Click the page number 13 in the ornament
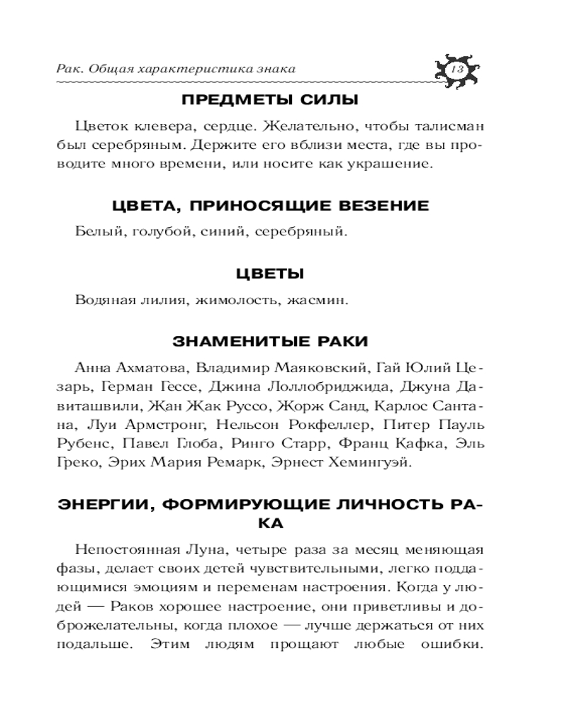[456, 69]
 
